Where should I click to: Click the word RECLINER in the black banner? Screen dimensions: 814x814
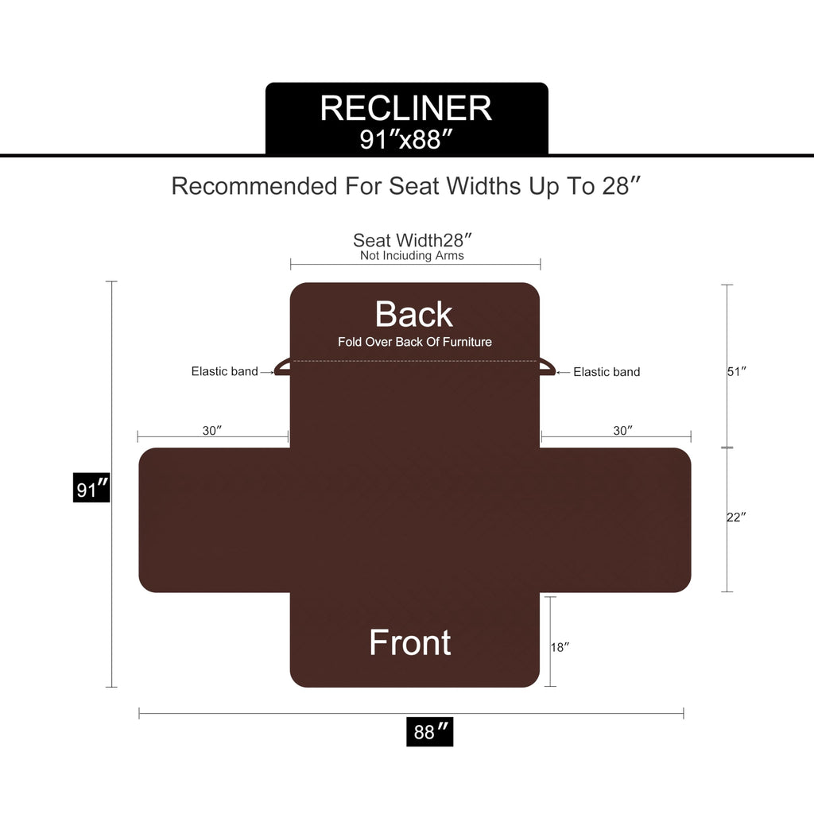406,108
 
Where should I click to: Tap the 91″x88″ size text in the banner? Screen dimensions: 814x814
406,139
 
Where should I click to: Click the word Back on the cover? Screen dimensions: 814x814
413,314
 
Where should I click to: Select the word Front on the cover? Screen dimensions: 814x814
410,642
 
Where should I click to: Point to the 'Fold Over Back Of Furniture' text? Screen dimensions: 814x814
415,342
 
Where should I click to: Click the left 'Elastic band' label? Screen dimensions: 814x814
224,371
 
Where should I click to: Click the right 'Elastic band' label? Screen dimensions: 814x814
607,372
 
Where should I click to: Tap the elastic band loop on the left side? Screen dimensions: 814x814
282,367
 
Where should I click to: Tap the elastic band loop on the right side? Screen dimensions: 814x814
548,367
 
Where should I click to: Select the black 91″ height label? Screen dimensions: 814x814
91,488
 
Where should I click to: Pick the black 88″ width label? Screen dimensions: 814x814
430,732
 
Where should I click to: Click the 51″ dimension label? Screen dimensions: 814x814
737,371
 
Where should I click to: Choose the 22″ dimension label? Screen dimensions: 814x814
736,517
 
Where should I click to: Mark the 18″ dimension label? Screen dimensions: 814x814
560,647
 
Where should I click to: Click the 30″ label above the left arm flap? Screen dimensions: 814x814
212,430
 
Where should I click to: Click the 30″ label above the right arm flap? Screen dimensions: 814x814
623,430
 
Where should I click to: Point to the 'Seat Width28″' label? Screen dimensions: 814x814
413,240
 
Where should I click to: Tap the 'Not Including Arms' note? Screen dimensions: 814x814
413,255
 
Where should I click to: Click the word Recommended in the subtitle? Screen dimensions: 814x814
254,186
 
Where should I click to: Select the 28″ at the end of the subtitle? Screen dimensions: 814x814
622,185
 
